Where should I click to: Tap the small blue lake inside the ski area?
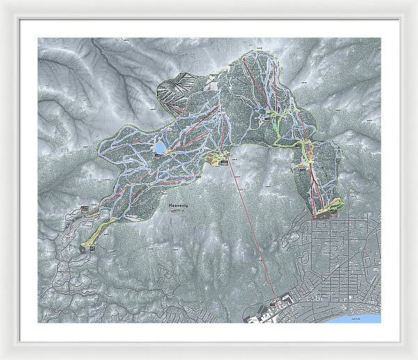(x=160, y=148)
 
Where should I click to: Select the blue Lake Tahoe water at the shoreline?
(x=366, y=318)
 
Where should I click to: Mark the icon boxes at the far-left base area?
(x=85, y=209)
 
